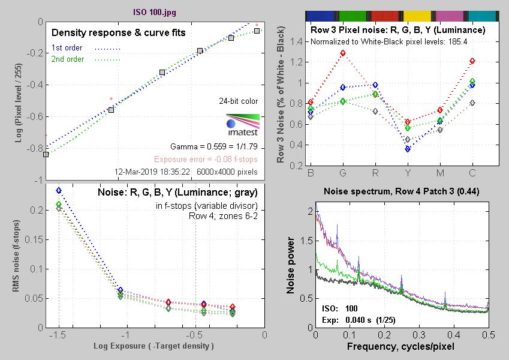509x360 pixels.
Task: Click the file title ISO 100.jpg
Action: (x=155, y=11)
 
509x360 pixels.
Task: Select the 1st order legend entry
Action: (x=67, y=47)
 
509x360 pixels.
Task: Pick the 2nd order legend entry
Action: (x=67, y=59)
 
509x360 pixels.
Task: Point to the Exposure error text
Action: (x=206, y=160)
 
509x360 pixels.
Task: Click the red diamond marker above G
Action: (x=343, y=53)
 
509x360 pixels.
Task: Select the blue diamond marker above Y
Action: (x=408, y=149)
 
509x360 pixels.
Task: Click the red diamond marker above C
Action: (x=472, y=61)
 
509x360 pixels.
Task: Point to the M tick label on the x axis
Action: (x=440, y=173)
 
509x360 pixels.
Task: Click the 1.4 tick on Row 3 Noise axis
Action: (x=296, y=42)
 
